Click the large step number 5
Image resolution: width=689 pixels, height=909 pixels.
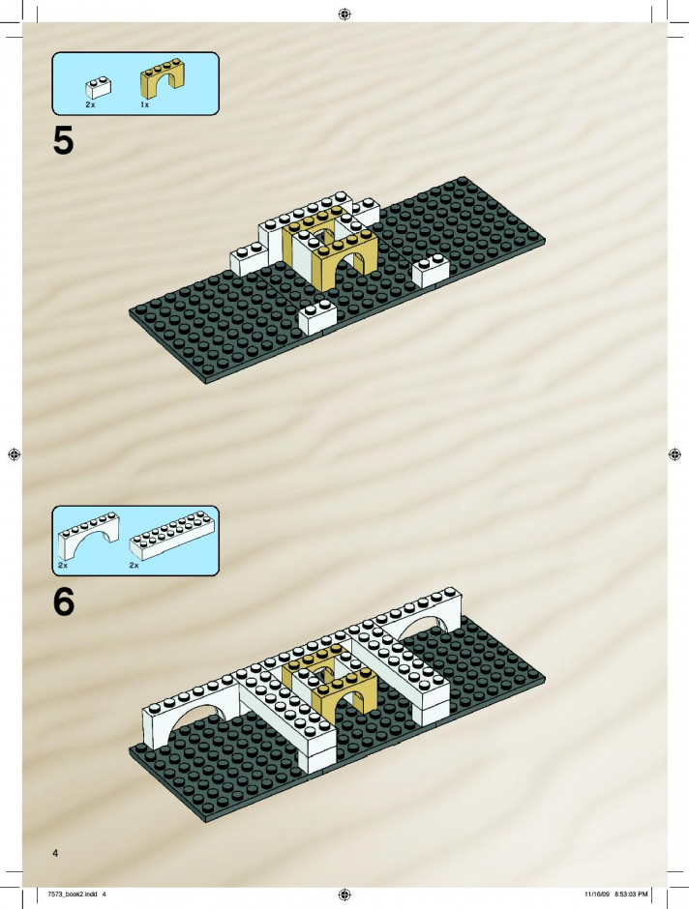[x=63, y=141]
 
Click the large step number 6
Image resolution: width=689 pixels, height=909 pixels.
[x=64, y=601]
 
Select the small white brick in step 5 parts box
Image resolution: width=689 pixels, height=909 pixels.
[x=99, y=87]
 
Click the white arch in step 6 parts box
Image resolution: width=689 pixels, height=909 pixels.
[x=89, y=536]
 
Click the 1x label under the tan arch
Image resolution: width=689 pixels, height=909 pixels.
[x=144, y=105]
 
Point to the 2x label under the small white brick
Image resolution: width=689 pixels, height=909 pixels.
[x=90, y=105]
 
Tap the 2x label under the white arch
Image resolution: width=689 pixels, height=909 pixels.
[x=63, y=565]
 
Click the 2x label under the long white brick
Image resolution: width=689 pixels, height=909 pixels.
[x=134, y=565]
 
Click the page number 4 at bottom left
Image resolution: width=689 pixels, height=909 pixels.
[x=55, y=853]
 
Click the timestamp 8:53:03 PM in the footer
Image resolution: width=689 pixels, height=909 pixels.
[x=631, y=894]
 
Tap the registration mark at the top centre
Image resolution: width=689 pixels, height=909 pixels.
[x=344, y=14]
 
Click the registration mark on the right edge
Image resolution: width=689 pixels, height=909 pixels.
[x=674, y=454]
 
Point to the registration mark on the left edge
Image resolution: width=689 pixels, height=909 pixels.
[x=15, y=454]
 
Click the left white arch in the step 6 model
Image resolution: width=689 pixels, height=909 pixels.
[x=192, y=707]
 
